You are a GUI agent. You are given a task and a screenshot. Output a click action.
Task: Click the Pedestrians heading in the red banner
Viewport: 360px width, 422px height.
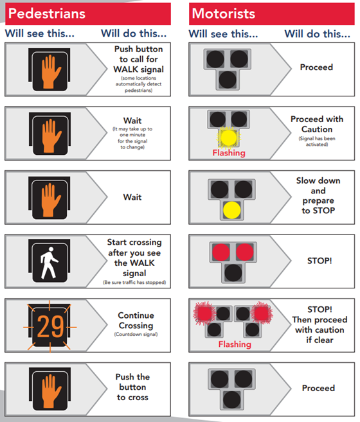(x=47, y=13)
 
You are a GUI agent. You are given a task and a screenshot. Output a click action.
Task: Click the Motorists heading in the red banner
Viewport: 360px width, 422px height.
(x=223, y=13)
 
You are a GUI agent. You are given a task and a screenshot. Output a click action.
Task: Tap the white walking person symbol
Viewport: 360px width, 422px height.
(x=49, y=263)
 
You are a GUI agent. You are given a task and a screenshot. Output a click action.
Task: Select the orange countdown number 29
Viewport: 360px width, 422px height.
(x=50, y=326)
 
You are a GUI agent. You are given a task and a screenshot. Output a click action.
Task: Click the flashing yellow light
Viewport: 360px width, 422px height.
(x=228, y=137)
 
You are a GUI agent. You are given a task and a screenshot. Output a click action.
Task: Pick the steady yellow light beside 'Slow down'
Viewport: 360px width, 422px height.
(x=231, y=210)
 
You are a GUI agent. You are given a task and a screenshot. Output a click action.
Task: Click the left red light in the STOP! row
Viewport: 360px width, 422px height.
(x=221, y=252)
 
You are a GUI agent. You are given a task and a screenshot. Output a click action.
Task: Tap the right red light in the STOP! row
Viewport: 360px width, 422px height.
(x=245, y=252)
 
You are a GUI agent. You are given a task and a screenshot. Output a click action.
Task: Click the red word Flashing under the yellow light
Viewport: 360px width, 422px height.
(x=229, y=153)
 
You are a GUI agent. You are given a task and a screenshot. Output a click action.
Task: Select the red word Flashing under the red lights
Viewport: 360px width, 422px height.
(x=235, y=344)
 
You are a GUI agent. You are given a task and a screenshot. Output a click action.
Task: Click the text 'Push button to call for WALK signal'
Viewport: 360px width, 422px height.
(x=138, y=59)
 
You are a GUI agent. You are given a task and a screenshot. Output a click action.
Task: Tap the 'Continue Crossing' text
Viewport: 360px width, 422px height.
(x=136, y=321)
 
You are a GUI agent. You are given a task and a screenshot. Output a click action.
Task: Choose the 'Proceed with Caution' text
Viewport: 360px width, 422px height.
(x=317, y=124)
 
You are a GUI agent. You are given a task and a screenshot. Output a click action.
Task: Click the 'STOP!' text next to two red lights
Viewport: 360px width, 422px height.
(x=319, y=261)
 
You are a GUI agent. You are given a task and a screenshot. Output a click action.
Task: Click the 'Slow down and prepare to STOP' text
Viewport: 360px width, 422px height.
(x=318, y=195)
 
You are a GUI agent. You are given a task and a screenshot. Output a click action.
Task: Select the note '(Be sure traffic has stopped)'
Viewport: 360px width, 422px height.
(x=134, y=283)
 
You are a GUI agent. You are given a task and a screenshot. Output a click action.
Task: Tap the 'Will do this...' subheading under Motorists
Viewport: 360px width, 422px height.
(x=318, y=34)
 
